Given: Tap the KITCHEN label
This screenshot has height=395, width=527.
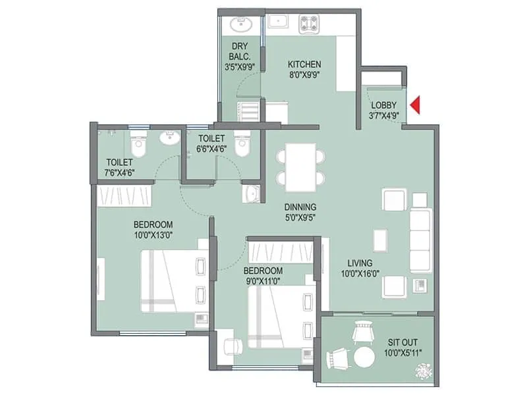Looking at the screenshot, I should [x=304, y=65].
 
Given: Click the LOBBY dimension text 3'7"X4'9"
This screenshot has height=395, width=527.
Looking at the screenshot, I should [x=384, y=117].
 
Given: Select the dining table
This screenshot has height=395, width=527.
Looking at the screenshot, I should [x=300, y=164].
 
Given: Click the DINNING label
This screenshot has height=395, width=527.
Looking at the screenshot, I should [x=300, y=206].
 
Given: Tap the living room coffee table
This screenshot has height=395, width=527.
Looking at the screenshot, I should [x=380, y=240].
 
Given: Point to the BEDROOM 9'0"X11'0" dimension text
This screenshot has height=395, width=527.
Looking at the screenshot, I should [x=263, y=281].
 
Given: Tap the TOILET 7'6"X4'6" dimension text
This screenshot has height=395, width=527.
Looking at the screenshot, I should [x=120, y=173].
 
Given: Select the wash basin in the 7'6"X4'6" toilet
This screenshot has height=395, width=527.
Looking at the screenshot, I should [x=171, y=138].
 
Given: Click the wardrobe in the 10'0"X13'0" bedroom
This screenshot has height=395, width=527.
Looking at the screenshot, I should [x=125, y=196].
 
